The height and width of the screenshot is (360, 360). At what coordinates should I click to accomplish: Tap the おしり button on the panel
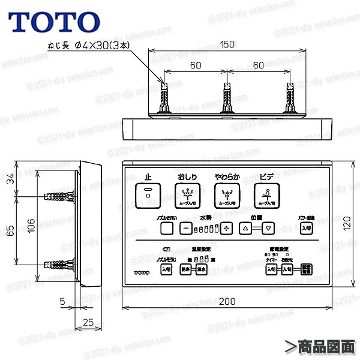(187, 193)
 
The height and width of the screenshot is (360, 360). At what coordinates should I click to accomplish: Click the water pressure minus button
(186, 228)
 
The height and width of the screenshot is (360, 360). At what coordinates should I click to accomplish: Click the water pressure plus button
(226, 228)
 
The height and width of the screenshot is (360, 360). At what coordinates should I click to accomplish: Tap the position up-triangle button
(245, 228)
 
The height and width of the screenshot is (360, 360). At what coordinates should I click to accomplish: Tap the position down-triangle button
(269, 228)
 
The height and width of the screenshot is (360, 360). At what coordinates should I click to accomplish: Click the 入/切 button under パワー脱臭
(307, 228)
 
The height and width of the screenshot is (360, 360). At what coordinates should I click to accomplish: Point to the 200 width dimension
(226, 301)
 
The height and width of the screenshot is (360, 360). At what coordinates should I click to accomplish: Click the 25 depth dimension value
(88, 322)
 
